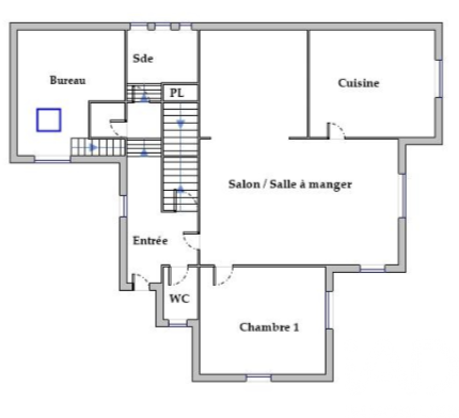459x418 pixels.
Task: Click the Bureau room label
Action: (x=67, y=80)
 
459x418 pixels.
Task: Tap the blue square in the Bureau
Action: (x=49, y=120)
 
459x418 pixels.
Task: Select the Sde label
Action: (x=143, y=59)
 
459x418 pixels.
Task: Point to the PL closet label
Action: (x=177, y=93)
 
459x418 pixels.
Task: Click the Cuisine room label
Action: (x=358, y=83)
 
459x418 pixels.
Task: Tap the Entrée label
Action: (x=150, y=241)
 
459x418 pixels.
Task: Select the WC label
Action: (x=179, y=299)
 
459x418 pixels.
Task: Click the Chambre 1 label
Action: (x=269, y=327)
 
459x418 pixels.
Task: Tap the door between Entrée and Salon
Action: (x=191, y=241)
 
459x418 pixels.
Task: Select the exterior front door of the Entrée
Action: (x=141, y=281)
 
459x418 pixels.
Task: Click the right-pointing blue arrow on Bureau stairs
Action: (x=93, y=148)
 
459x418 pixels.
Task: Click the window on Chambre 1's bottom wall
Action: (x=258, y=378)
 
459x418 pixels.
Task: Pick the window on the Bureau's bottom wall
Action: (x=52, y=159)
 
